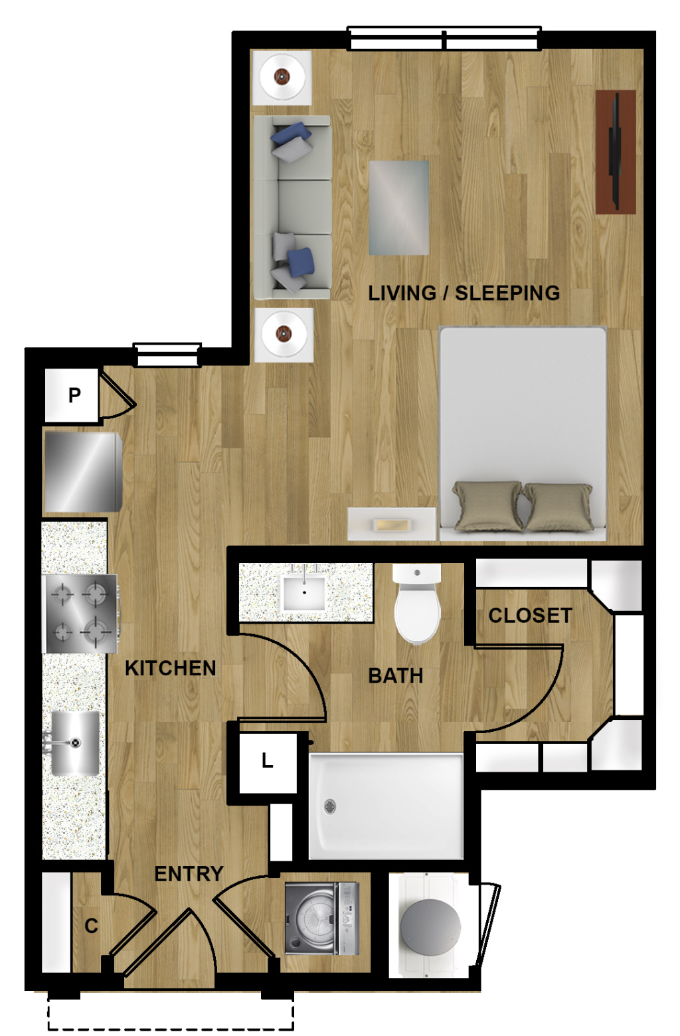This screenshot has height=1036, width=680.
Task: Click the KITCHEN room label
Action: (x=170, y=668)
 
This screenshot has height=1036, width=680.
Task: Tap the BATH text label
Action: (x=396, y=676)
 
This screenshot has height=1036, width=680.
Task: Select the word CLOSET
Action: (x=530, y=616)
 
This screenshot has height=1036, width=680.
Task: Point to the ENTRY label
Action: (x=189, y=874)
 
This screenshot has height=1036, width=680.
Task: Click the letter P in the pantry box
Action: (x=74, y=395)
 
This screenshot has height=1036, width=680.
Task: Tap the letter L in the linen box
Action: (x=268, y=760)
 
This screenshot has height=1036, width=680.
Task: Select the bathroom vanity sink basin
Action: (x=304, y=594)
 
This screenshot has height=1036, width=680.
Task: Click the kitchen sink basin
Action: (x=74, y=743)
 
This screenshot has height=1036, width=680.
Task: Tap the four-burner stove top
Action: (x=80, y=613)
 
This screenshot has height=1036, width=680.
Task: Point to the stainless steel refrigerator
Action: (x=82, y=472)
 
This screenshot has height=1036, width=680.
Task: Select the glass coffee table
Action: (x=398, y=208)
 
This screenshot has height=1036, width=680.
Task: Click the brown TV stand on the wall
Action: (x=615, y=152)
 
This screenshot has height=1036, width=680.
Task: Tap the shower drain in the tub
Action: (x=330, y=806)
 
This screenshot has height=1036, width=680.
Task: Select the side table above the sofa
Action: (x=282, y=77)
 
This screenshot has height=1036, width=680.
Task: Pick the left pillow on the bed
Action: (x=487, y=505)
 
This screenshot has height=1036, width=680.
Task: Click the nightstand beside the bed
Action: (x=392, y=524)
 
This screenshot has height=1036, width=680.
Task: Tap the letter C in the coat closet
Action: (x=91, y=926)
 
